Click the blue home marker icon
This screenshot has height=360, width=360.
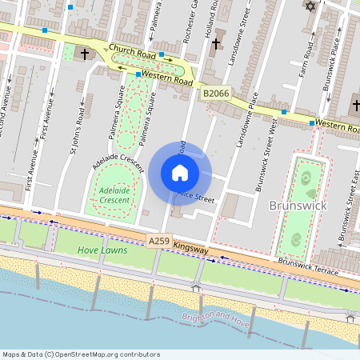click(x=180, y=173)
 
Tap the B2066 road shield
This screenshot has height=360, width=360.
click(x=216, y=94)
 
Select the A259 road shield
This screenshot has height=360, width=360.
click(x=159, y=241)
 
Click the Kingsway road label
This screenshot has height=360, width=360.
click(x=190, y=250)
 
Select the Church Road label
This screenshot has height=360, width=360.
click(x=132, y=51)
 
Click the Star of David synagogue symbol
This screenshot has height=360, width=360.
click(x=310, y=6)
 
